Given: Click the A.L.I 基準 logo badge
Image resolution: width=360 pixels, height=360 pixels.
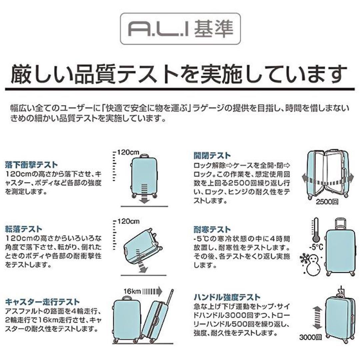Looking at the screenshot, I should [180, 29].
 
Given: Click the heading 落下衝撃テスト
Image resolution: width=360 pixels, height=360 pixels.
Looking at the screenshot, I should [32, 164].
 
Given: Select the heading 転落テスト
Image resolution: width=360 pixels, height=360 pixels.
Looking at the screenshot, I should [24, 229].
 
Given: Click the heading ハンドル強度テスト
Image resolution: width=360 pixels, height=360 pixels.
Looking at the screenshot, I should [227, 297].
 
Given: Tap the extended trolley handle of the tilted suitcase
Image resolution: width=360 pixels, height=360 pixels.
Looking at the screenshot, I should [170, 297].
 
